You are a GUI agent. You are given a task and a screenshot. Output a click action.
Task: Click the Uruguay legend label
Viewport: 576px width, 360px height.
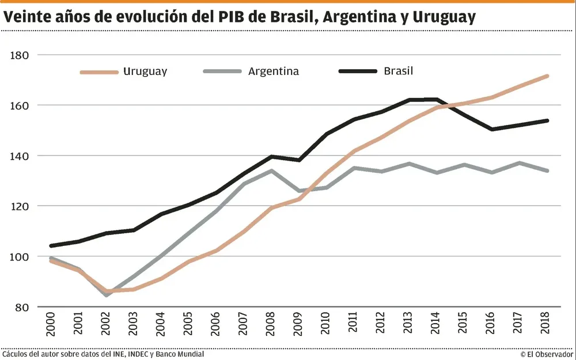[145, 72]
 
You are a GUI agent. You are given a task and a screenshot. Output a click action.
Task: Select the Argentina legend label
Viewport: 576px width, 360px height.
[274, 72]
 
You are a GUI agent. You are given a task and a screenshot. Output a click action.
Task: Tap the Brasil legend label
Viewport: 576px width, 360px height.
[399, 71]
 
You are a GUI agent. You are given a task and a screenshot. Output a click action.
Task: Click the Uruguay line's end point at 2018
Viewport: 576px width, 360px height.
[547, 76]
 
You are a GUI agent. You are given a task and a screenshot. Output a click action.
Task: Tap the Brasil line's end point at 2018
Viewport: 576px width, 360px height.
[547, 120]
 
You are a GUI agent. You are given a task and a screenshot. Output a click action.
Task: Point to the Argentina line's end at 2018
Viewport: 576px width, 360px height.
[547, 170]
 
